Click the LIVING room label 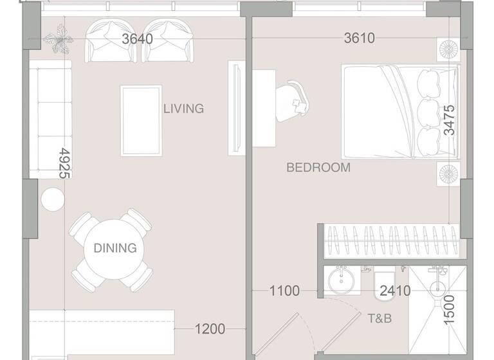click(183, 109)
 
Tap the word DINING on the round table click(115, 248)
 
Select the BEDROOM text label click(318, 168)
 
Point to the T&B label click(380, 319)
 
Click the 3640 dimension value click(138, 39)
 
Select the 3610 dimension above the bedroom click(359, 39)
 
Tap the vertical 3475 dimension click(449, 120)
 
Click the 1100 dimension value click(284, 291)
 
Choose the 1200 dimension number click(210, 330)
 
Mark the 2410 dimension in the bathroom click(395, 291)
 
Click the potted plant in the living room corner click(59, 39)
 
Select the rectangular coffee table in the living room click(142, 121)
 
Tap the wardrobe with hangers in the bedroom click(389, 241)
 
